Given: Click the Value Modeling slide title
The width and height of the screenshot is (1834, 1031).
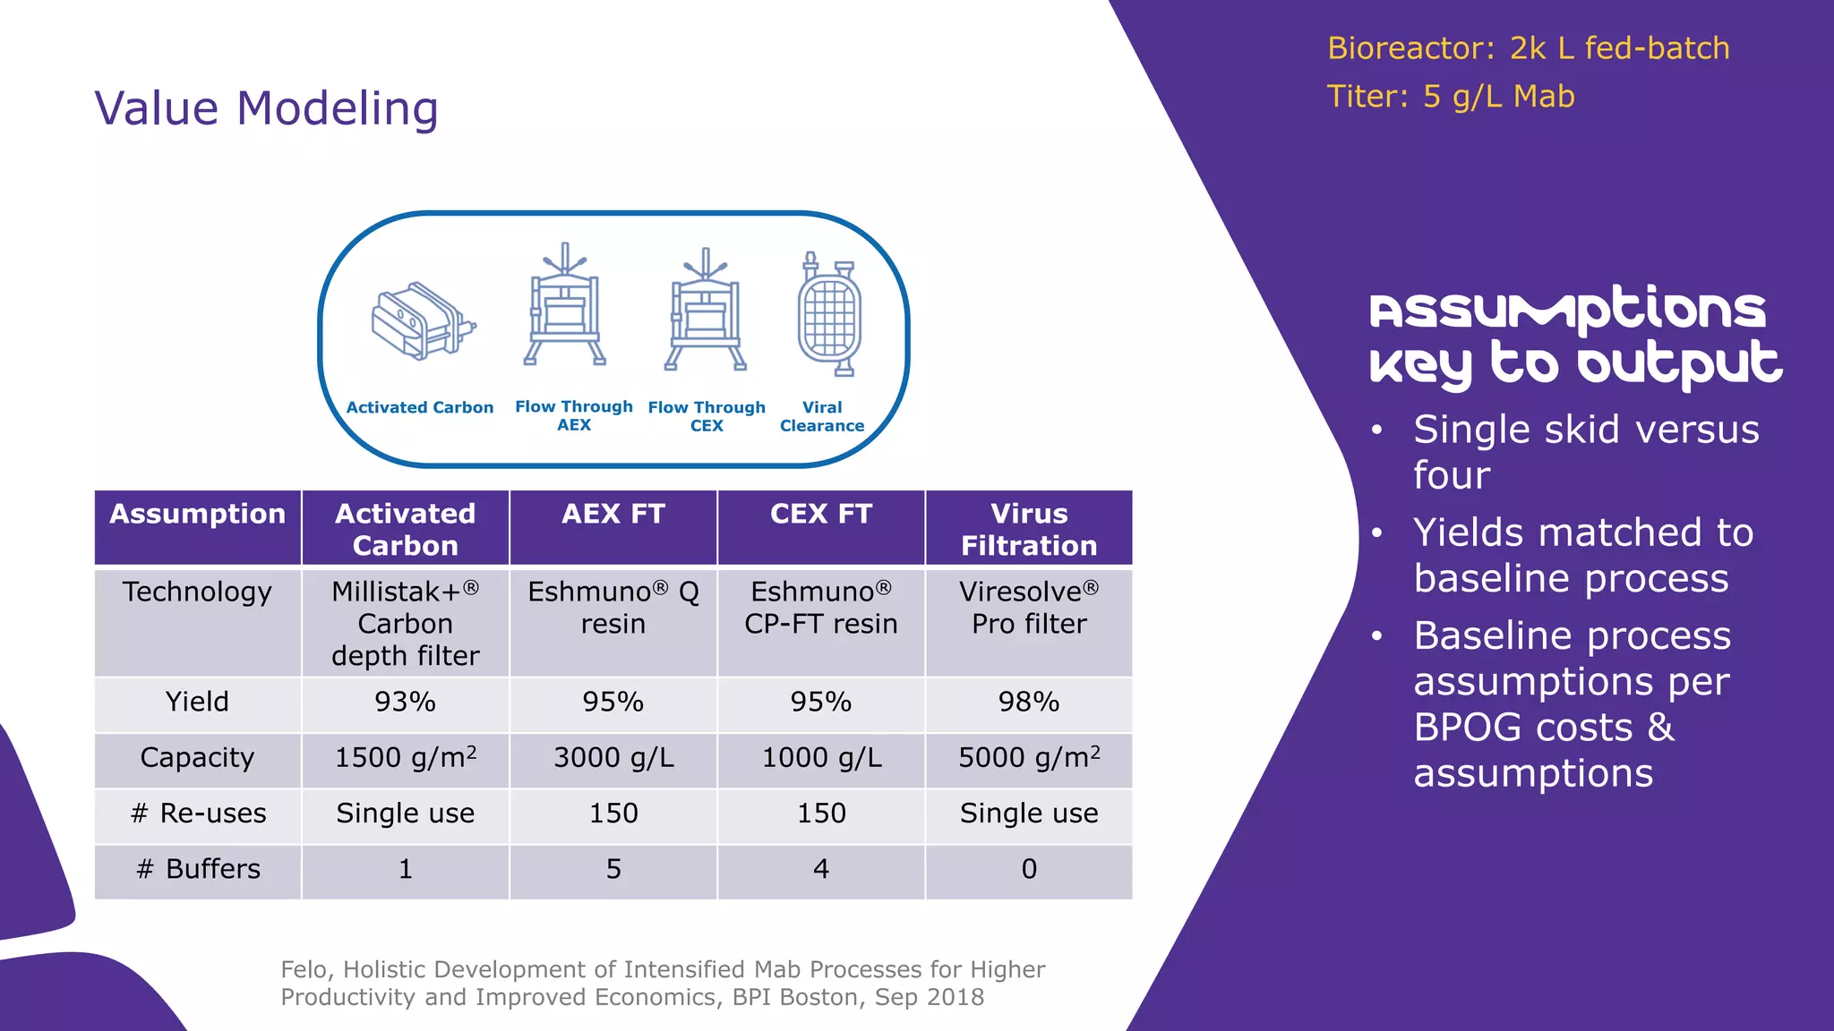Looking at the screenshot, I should click(x=267, y=109).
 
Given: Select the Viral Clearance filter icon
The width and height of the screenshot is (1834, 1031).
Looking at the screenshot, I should click(x=829, y=314).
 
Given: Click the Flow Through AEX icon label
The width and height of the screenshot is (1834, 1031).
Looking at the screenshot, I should click(x=574, y=415).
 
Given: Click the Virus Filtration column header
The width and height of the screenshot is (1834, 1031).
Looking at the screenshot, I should click(x=1029, y=529).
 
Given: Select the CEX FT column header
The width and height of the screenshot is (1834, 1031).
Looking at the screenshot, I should click(x=820, y=515).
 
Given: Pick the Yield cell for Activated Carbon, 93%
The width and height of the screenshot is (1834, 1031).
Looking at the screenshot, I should click(x=405, y=702).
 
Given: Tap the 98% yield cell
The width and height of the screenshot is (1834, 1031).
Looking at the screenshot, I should click(x=1029, y=702).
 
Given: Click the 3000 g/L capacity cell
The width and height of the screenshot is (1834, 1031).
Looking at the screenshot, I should click(x=613, y=758).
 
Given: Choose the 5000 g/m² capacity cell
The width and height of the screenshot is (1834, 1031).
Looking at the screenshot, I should click(x=1029, y=758).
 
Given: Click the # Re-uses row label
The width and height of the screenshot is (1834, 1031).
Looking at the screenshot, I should click(x=198, y=814).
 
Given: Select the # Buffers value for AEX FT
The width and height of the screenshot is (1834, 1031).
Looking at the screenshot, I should click(x=613, y=869).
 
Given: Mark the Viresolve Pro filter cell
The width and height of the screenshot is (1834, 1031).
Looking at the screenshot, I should click(x=1029, y=608).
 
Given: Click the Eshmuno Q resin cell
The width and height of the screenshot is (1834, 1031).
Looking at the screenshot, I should click(x=613, y=608).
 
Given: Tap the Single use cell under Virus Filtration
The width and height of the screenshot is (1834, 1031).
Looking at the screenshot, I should click(x=1029, y=814).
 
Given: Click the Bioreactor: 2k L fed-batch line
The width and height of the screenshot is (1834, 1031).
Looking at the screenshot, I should click(x=1528, y=48).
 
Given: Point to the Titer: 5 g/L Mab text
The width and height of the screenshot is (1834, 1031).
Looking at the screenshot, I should click(x=1450, y=97).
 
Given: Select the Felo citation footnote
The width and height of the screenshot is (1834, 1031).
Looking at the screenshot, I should click(x=663, y=983).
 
